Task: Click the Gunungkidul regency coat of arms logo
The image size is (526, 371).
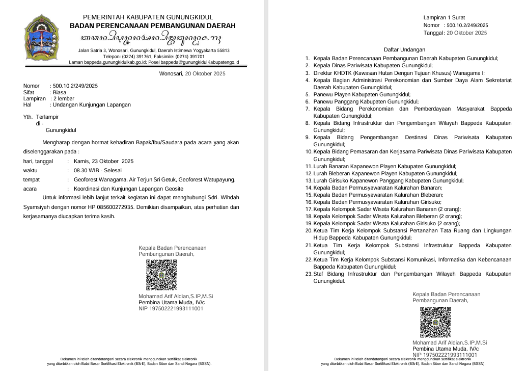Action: point(43,38)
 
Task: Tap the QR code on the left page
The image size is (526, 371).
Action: point(161,275)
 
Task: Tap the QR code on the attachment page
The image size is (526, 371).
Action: point(435,323)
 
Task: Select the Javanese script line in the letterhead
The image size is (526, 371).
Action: point(151,39)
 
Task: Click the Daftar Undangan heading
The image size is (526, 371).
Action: point(404,50)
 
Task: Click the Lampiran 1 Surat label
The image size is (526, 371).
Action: point(444,18)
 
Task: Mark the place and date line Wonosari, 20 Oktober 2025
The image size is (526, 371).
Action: point(192,74)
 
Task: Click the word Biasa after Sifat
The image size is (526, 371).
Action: point(60,93)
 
